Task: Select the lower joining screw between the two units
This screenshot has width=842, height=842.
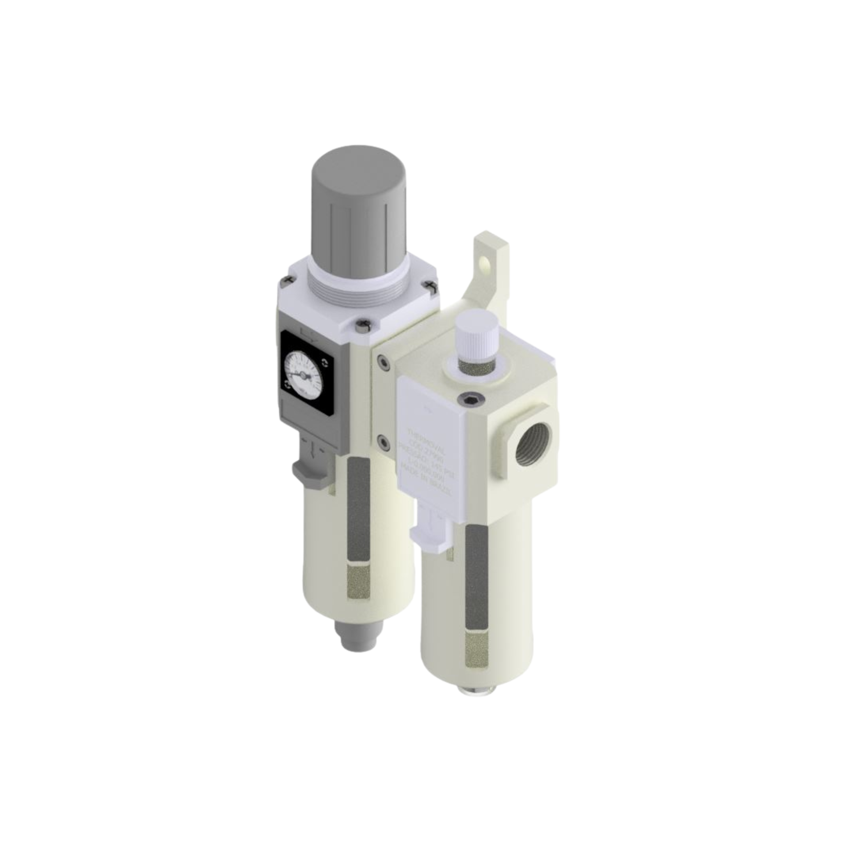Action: click(384, 443)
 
